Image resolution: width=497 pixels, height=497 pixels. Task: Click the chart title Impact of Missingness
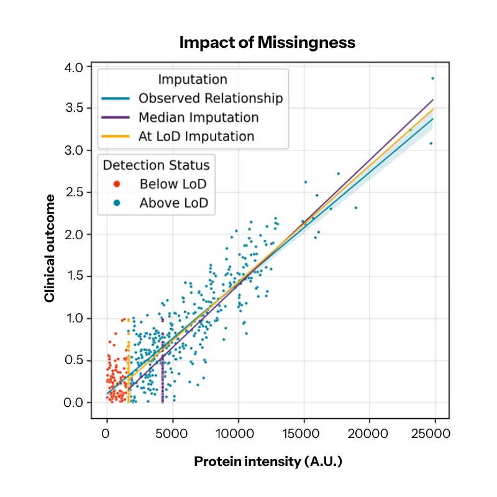(x=267, y=42)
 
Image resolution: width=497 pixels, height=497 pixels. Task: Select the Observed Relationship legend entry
(x=210, y=98)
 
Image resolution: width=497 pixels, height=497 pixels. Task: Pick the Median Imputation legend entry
(x=198, y=117)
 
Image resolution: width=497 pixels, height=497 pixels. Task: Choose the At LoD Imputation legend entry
(x=196, y=137)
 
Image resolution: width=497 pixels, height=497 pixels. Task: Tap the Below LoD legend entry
(x=173, y=184)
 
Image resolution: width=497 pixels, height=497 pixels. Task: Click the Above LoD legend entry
(x=173, y=203)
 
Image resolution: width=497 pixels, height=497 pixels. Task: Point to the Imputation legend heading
(x=193, y=80)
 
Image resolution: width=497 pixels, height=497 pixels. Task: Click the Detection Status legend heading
(x=156, y=165)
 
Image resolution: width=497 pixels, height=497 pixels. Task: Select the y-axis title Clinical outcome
(x=49, y=248)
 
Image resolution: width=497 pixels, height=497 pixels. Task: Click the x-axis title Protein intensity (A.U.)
(x=268, y=462)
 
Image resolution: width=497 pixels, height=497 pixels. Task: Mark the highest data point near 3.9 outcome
(x=433, y=78)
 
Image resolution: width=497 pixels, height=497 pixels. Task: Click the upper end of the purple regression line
(x=432, y=99)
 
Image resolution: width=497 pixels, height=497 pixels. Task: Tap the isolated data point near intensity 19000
(x=355, y=207)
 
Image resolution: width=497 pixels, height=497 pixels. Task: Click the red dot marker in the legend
(x=117, y=185)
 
